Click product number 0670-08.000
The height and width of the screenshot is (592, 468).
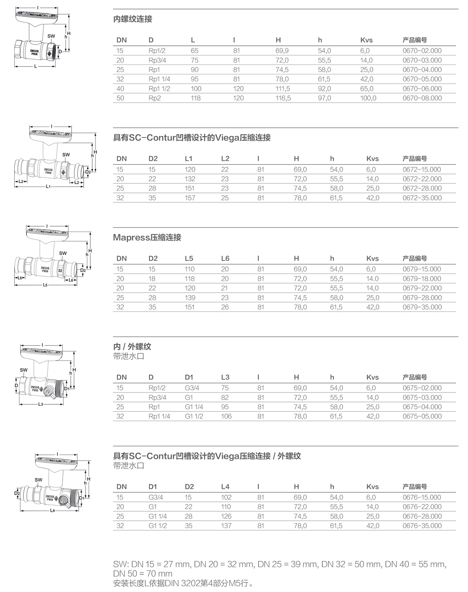[x=422, y=98]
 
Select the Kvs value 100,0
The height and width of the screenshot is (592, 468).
[x=368, y=98]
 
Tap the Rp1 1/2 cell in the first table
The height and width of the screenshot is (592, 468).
[x=159, y=88]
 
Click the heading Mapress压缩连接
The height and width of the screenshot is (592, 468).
[x=147, y=237]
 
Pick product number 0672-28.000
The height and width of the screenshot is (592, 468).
[x=422, y=188]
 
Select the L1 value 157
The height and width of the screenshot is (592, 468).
[x=190, y=198]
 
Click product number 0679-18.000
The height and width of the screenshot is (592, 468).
[x=422, y=278]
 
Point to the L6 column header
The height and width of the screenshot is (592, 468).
[x=225, y=258]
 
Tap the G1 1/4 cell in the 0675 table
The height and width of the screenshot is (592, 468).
[x=194, y=407]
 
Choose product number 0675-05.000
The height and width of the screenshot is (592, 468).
[x=422, y=416]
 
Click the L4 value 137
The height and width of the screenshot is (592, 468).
[x=226, y=526]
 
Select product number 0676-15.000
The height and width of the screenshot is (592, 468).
[x=422, y=497]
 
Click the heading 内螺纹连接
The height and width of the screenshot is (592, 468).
[x=133, y=19]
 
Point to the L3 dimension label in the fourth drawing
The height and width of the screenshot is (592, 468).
[x=41, y=404]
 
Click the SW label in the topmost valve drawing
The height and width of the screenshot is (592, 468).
[x=51, y=36]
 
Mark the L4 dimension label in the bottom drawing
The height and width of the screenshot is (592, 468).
[x=53, y=511]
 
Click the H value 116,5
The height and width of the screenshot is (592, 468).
[x=283, y=98]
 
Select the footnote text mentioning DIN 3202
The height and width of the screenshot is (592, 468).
[x=182, y=583]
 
